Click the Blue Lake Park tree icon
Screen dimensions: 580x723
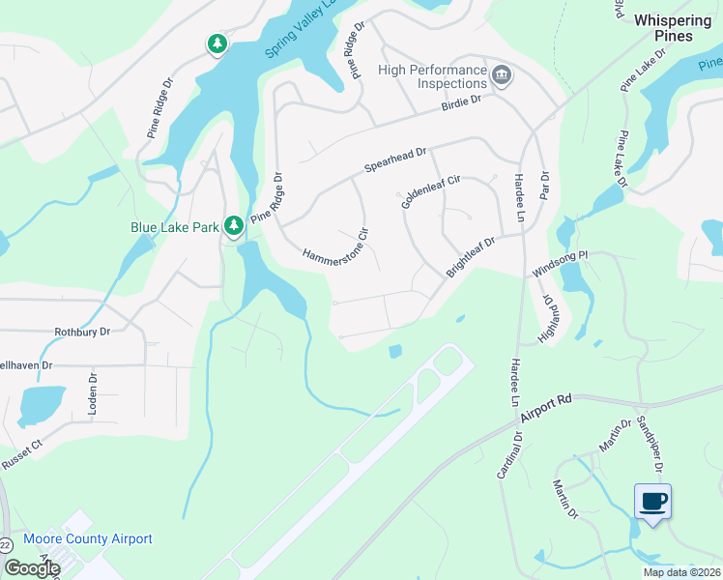point(234,225)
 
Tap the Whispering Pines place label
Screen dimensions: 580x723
point(678,27)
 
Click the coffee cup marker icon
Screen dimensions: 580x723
point(652,501)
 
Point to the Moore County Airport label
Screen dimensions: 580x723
point(88,539)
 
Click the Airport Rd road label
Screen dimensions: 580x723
point(546,408)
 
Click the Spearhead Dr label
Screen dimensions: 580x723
point(395,159)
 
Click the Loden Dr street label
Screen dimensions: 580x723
point(94,394)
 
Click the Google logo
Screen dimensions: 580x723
point(32,567)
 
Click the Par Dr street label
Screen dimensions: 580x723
point(544,183)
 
